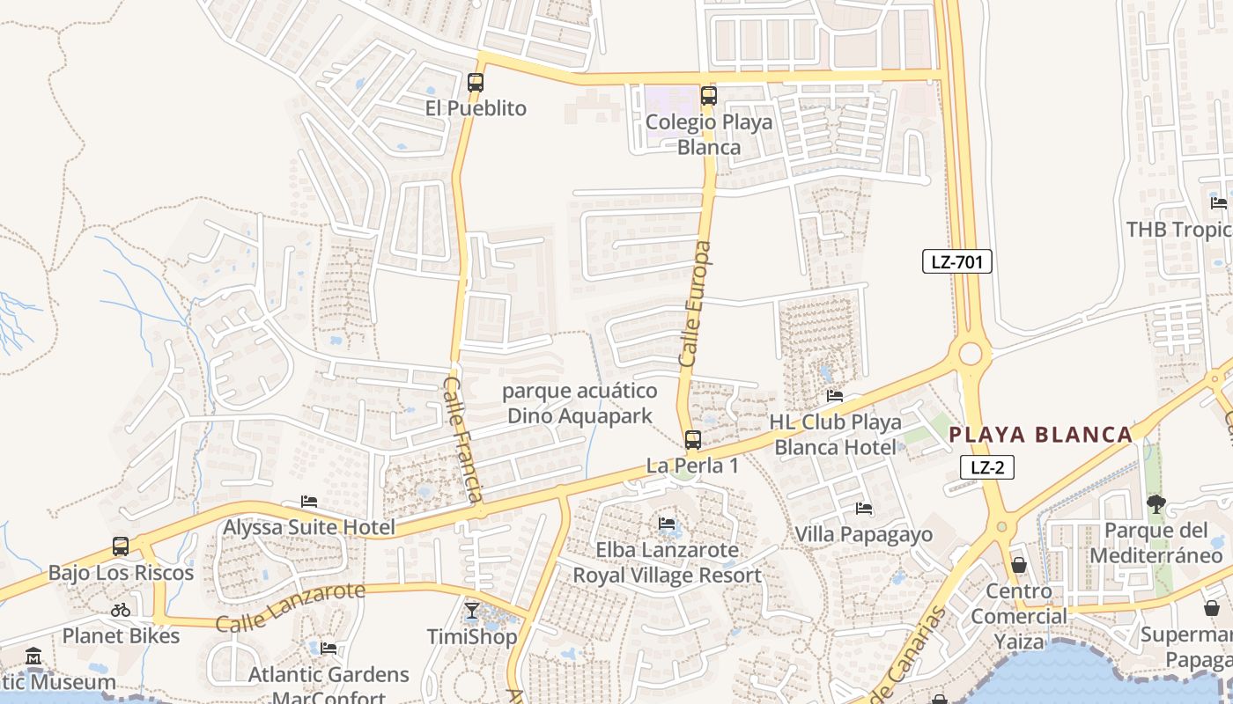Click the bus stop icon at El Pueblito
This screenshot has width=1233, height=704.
click(x=476, y=83)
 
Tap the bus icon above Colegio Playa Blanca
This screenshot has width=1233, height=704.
click(x=709, y=96)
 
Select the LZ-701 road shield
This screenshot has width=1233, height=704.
click(x=957, y=261)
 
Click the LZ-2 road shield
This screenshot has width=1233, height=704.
click(x=986, y=468)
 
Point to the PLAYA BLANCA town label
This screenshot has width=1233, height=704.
click(x=1040, y=435)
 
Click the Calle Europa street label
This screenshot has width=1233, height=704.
click(x=695, y=304)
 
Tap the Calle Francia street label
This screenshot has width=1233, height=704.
click(x=462, y=439)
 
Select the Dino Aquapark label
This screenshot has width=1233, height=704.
click(x=580, y=403)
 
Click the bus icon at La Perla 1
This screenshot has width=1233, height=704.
click(x=693, y=440)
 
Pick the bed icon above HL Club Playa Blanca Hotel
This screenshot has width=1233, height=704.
click(x=835, y=396)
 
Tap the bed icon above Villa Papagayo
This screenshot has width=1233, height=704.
click(x=864, y=509)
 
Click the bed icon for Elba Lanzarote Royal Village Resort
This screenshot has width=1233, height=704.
click(x=667, y=524)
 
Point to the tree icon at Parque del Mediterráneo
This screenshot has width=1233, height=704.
click(x=1155, y=504)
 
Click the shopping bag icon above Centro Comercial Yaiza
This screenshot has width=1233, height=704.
click(x=1019, y=564)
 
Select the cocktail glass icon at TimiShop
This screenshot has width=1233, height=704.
click(x=472, y=609)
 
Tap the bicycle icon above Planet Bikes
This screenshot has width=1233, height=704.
click(x=121, y=609)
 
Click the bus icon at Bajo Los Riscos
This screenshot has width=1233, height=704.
click(x=121, y=546)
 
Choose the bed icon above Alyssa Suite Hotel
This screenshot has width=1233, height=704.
click(x=308, y=502)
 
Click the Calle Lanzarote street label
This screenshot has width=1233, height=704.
click(x=290, y=607)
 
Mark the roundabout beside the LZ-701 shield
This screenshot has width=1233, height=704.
click(x=970, y=354)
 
